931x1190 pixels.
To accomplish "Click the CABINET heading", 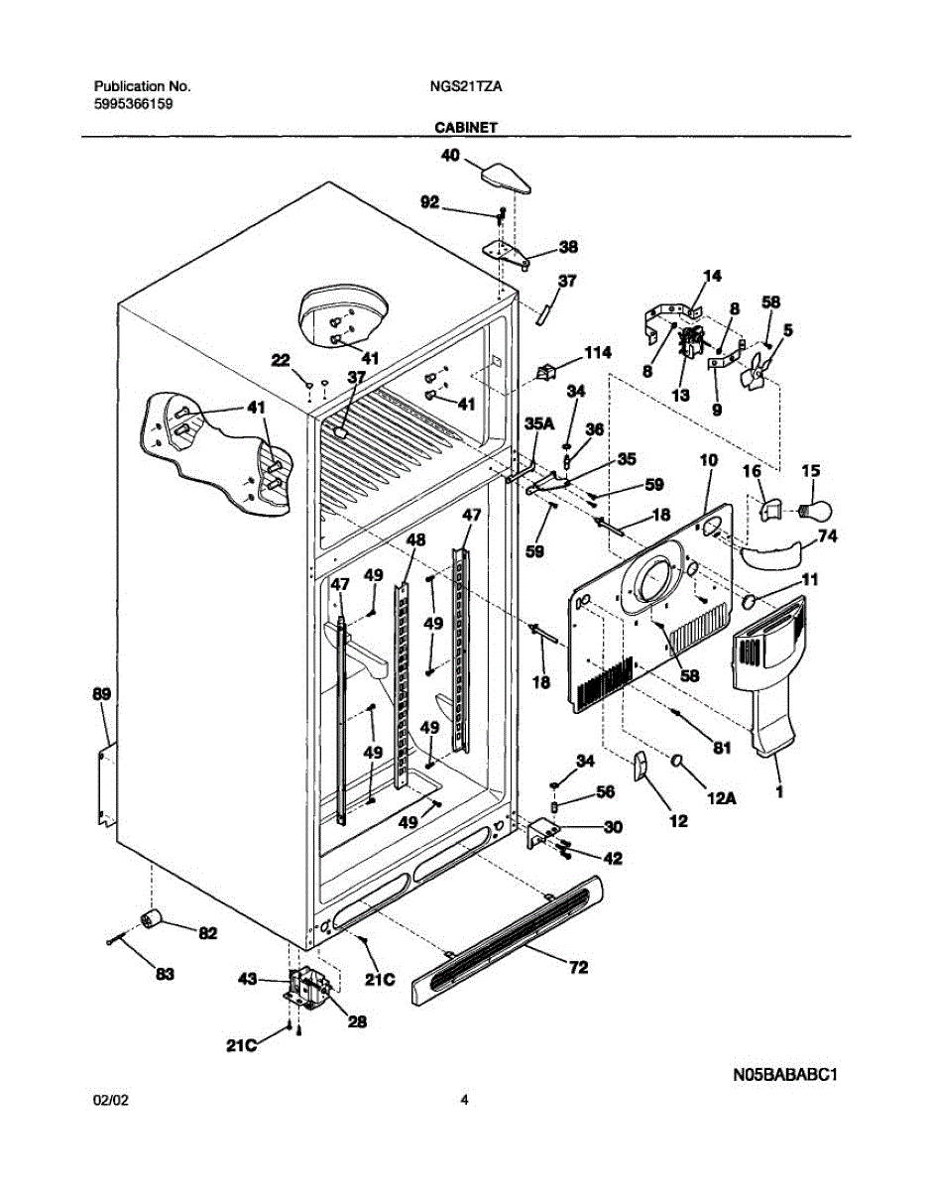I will coord(464,127).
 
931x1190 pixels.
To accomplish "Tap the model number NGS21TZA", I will coord(465,86).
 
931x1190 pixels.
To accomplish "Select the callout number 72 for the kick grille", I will coord(577,966).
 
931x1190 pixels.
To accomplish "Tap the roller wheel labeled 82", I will coord(153,919).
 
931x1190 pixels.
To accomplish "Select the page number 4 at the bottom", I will coord(464,1099).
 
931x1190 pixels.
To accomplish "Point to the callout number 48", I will coord(415,539).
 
